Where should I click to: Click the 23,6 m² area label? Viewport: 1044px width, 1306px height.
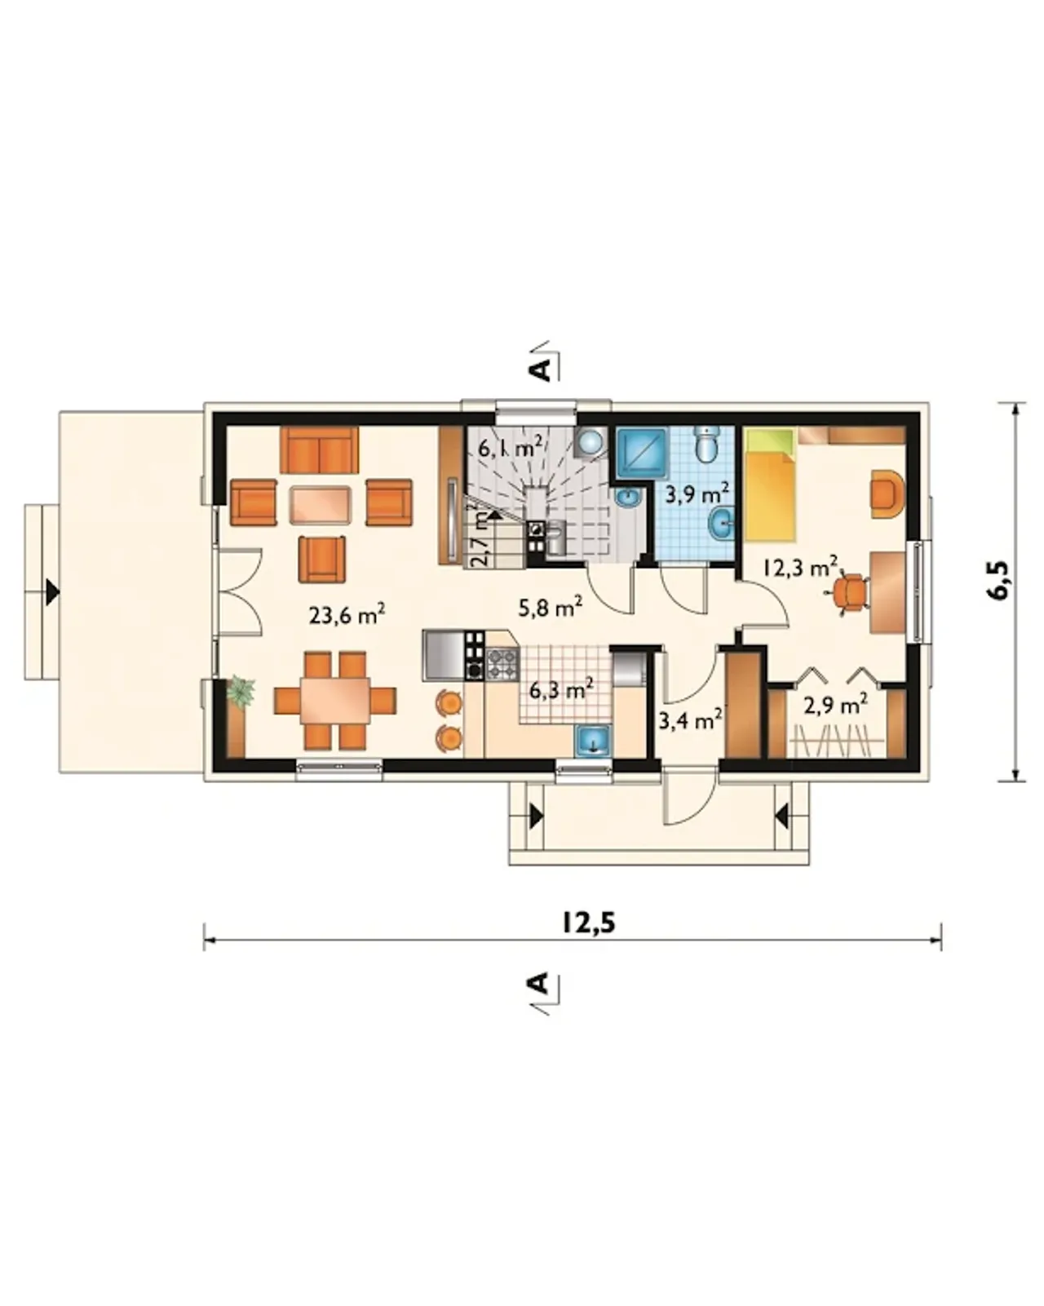point(347,615)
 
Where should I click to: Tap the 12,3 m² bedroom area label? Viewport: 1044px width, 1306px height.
point(799,568)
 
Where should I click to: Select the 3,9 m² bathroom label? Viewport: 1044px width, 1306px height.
point(697,494)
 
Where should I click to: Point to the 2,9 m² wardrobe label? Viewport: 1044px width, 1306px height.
point(835,705)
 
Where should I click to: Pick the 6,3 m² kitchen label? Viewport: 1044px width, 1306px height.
point(560,689)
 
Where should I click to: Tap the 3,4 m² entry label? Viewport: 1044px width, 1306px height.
point(690,721)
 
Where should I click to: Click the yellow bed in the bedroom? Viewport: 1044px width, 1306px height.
point(770,485)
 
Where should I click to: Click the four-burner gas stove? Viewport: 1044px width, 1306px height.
point(502,662)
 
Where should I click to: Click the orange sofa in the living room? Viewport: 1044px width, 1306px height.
point(319,449)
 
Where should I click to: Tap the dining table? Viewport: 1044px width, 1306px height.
point(335,701)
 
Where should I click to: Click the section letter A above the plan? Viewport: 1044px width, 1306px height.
point(542,369)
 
